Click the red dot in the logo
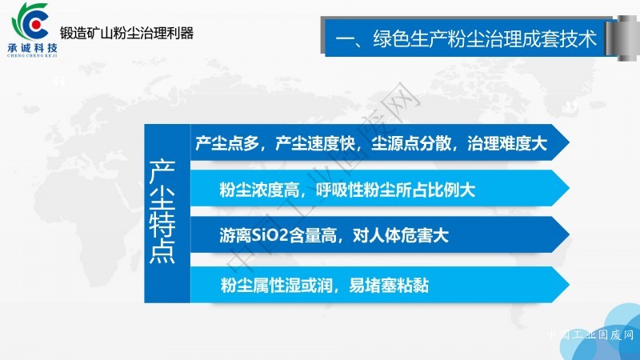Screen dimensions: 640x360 pos(36,25)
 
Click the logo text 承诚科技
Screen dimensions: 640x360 pos(33,47)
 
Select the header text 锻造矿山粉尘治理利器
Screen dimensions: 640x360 pos(126,33)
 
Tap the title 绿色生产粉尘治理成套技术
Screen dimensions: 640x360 pos(485,38)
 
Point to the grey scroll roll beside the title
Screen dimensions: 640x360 pos(623,38)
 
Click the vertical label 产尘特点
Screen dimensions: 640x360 pos(162,211)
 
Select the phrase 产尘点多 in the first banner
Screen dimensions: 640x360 pos(227,143)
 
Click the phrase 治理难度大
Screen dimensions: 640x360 pos(507,143)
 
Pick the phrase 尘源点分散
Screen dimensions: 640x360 pos(411,143)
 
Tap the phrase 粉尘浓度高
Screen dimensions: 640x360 pos(259,190)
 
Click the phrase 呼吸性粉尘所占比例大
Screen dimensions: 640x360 pos(395,190)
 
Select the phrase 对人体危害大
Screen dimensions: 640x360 pos(401,235)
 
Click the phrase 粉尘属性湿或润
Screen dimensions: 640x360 pos(276,285)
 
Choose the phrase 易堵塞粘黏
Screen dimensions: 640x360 pos(389,285)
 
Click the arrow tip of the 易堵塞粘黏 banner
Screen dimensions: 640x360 pos(569,285)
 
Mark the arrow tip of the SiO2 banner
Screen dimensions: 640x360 pos(569,234)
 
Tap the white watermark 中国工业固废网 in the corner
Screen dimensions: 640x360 pos(590,334)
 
